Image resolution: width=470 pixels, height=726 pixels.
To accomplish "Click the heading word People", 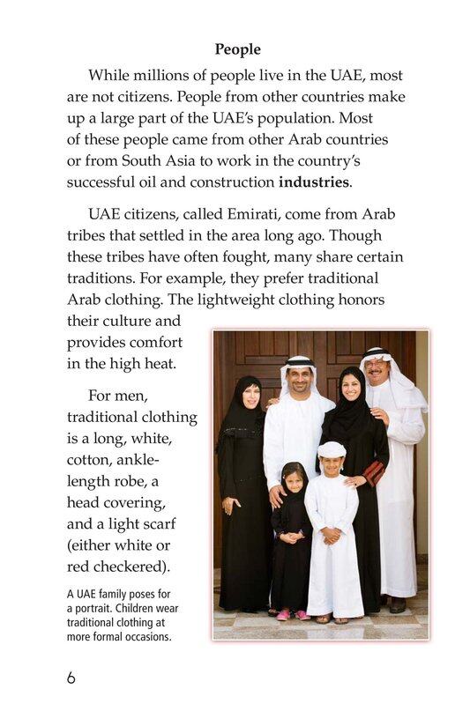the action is pos(237,49).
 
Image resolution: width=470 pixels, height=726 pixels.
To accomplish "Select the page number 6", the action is pos(71,678).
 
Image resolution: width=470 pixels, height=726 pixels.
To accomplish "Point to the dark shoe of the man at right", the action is pos(398,605).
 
